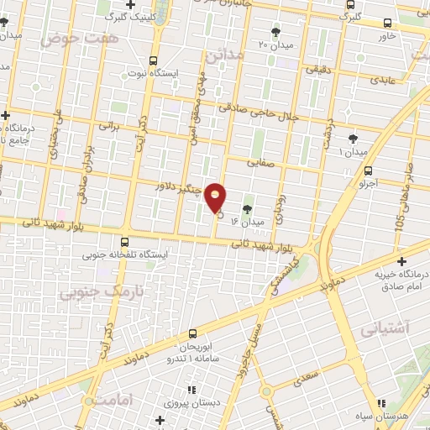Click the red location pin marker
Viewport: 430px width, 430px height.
click(216, 198)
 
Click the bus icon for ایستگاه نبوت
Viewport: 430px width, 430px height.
click(153, 60)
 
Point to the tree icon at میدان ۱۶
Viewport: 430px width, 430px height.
click(247, 209)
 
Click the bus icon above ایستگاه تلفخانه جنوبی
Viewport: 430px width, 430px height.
click(125, 239)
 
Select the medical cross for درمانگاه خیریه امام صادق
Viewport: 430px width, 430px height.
click(402, 261)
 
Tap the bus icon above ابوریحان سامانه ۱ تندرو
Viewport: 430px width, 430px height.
click(193, 333)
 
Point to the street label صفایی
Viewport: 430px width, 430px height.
click(261, 165)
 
